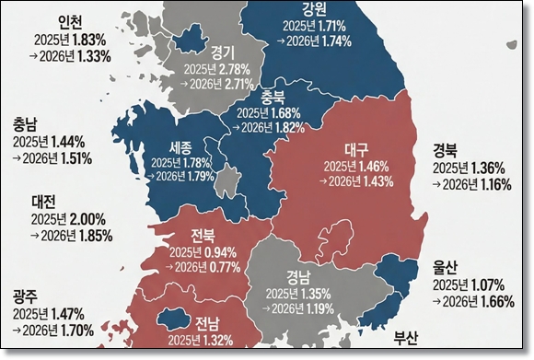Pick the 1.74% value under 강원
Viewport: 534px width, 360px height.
click(x=337, y=42)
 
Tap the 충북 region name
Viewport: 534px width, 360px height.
click(x=273, y=95)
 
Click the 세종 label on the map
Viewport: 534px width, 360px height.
click(x=180, y=145)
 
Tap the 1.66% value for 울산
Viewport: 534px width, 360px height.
click(x=498, y=301)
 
